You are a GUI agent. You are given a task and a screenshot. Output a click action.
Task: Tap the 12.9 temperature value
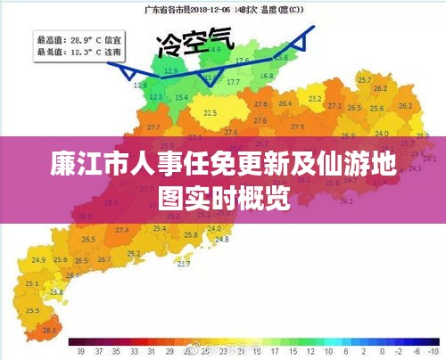pyautogui.click(x=171, y=70)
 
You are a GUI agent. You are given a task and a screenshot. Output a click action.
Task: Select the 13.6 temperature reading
pyautogui.click(x=140, y=86)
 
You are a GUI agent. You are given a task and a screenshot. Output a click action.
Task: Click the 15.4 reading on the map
pyautogui.click(x=182, y=97)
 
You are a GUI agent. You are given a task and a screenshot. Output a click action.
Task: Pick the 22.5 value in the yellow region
pyautogui.click(x=211, y=113)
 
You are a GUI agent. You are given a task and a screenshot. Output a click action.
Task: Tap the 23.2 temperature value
pyautogui.click(x=315, y=99)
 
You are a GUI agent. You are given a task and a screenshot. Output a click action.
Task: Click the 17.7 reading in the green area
pyautogui.click(x=234, y=82)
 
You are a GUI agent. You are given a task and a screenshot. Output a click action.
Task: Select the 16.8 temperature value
pyautogui.click(x=267, y=77)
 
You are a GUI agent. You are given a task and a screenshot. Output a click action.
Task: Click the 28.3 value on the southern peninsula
pyautogui.click(x=48, y=331)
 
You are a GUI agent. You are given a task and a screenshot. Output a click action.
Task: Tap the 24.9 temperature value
pyautogui.click(x=38, y=260)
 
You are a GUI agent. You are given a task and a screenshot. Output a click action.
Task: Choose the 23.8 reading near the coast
pyautogui.click(x=57, y=291)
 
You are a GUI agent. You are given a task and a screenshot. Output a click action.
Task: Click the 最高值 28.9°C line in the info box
pyautogui.click(x=79, y=40)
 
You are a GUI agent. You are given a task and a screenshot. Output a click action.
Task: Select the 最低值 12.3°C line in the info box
pyautogui.click(x=79, y=52)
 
